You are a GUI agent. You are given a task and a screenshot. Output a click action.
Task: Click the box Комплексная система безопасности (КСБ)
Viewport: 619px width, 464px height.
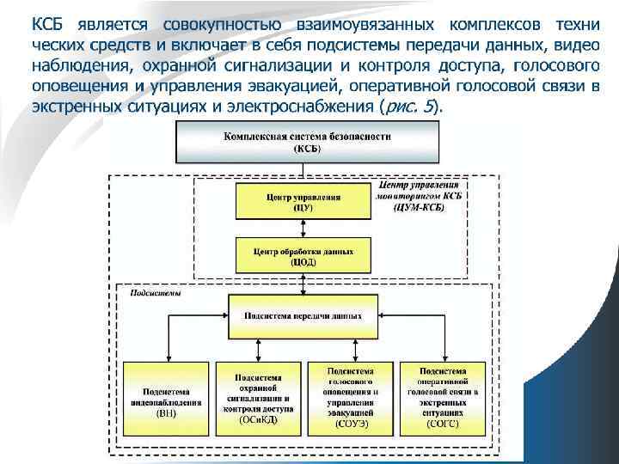click(307, 142)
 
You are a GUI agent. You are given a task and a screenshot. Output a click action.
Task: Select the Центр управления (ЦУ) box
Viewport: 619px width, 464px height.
click(302, 202)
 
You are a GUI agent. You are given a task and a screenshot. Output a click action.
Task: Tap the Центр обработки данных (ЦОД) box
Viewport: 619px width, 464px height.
click(302, 255)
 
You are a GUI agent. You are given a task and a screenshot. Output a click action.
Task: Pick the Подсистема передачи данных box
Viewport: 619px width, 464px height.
click(302, 315)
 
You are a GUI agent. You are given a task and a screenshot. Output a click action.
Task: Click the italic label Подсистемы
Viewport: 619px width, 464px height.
click(150, 293)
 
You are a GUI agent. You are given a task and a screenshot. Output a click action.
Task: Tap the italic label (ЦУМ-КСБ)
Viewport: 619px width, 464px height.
click(419, 207)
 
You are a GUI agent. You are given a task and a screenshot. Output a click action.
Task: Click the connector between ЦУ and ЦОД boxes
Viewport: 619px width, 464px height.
click(302, 229)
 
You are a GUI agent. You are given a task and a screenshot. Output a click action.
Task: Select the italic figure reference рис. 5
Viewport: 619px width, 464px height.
click(408, 107)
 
